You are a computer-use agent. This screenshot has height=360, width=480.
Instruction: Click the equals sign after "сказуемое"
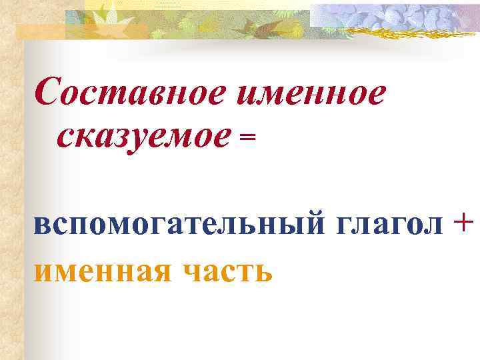[x=247, y=137]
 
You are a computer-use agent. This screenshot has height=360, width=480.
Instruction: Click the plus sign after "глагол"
[x=465, y=223]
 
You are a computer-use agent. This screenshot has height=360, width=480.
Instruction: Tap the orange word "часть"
[x=225, y=270]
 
